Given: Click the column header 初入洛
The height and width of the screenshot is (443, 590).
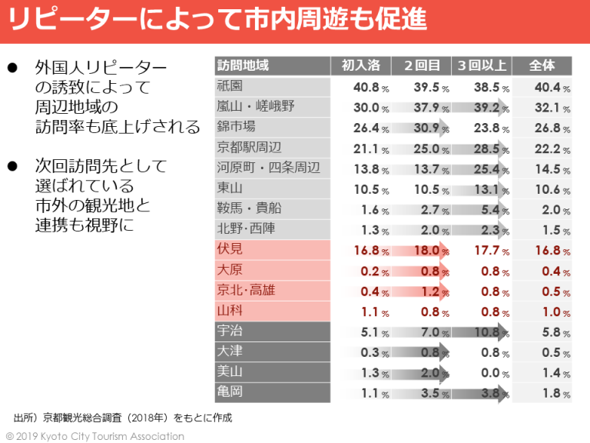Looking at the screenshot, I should (x=360, y=66).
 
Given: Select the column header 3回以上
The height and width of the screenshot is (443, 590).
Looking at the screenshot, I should (x=482, y=66).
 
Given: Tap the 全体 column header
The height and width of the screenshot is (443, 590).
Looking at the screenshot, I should (x=542, y=66).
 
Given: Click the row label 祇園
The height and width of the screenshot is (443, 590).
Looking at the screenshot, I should (x=230, y=86).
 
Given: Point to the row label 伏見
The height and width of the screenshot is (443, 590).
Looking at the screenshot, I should (x=230, y=249).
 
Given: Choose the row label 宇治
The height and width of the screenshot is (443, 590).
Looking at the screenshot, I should (x=230, y=331).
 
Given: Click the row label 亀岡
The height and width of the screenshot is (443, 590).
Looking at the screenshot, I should (x=230, y=392).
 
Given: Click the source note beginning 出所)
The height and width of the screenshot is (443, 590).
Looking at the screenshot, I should (x=122, y=418).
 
